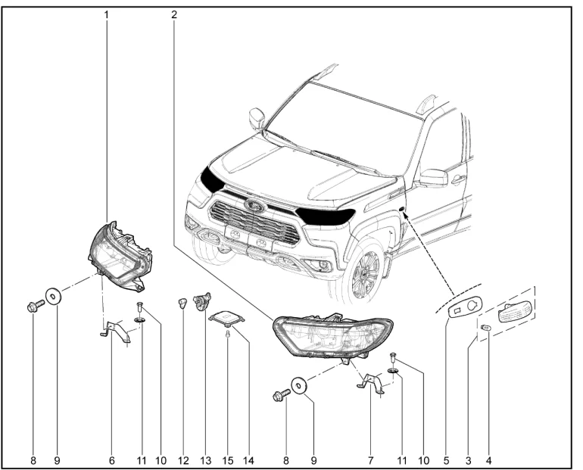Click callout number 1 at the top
(x=107, y=15)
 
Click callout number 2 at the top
(x=174, y=15)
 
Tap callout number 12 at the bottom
(x=183, y=461)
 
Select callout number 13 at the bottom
(x=206, y=461)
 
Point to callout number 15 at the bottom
(x=228, y=461)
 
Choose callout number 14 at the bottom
(x=248, y=461)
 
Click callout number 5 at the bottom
(x=446, y=461)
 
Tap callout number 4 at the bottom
(x=488, y=461)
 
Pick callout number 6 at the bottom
(x=112, y=461)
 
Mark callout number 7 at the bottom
(x=370, y=461)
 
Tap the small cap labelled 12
(x=182, y=303)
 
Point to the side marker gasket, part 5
(x=466, y=307)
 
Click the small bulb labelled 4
(x=486, y=327)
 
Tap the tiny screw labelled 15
(x=228, y=335)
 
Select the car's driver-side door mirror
(x=433, y=178)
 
